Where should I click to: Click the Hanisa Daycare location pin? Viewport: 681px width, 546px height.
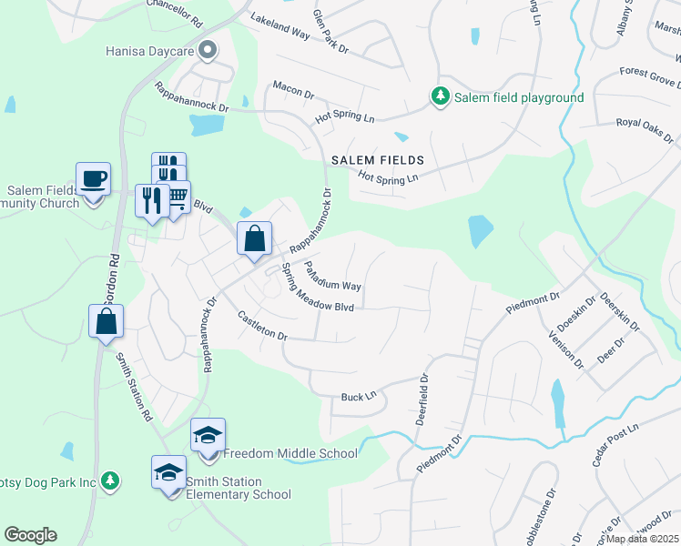[x=208, y=51]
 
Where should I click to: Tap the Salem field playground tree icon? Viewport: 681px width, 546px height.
[x=440, y=96]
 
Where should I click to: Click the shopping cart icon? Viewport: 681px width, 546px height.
[x=176, y=195]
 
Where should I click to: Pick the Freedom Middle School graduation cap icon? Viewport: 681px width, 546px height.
[x=208, y=435]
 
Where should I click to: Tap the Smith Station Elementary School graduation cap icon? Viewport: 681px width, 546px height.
[x=168, y=472]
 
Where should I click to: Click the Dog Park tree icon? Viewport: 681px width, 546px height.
[x=110, y=480]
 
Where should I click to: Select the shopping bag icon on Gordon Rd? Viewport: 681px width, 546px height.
[x=106, y=320]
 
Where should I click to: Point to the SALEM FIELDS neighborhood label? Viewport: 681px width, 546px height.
[x=378, y=159]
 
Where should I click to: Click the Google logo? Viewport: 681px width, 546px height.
[x=30, y=535]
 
